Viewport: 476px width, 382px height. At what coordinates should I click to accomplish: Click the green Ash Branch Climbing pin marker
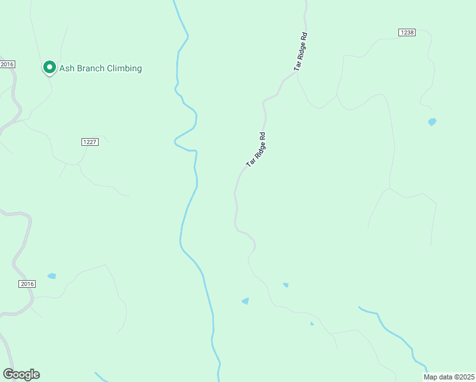(x=49, y=67)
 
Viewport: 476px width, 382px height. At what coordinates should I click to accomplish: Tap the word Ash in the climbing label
(x=67, y=68)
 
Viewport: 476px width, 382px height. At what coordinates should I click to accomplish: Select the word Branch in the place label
(x=93, y=68)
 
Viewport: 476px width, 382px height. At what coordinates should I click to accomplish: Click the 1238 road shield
(x=407, y=32)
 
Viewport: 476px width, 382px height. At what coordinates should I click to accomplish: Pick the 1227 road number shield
(x=90, y=142)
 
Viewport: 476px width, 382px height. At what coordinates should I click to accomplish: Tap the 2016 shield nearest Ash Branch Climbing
(x=7, y=64)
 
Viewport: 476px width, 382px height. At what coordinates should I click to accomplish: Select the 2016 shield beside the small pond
(x=27, y=284)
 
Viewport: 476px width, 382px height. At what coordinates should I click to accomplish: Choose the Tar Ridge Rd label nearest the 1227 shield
(x=255, y=150)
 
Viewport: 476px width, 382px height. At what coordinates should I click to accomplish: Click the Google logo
(x=21, y=374)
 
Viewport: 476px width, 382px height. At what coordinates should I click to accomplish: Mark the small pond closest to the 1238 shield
(x=432, y=122)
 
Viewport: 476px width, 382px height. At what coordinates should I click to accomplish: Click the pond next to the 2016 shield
(x=52, y=276)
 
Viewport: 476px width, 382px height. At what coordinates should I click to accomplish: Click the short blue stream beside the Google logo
(x=100, y=376)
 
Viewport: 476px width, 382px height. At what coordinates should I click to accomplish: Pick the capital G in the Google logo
(x=8, y=374)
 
